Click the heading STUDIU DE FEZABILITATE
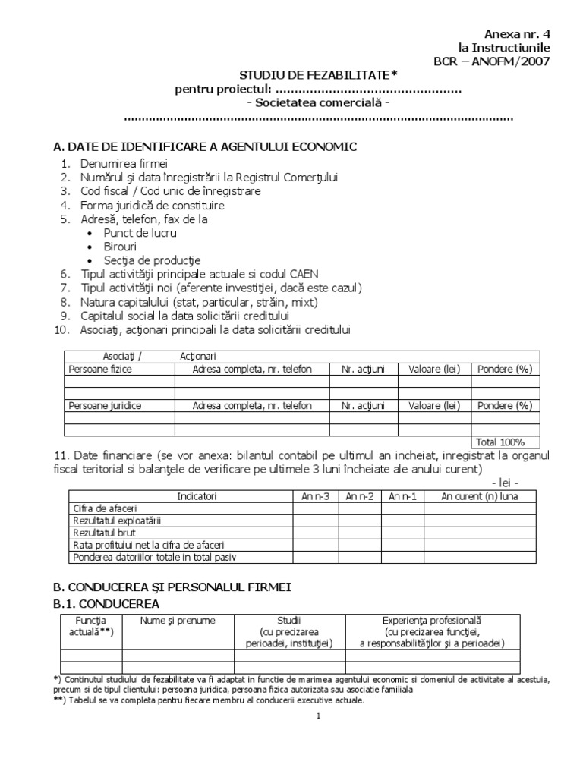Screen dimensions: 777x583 pyautogui.click(x=318, y=74)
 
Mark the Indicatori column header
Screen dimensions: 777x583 pyautogui.click(x=197, y=496)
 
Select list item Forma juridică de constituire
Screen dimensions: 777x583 pyautogui.click(x=153, y=205)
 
